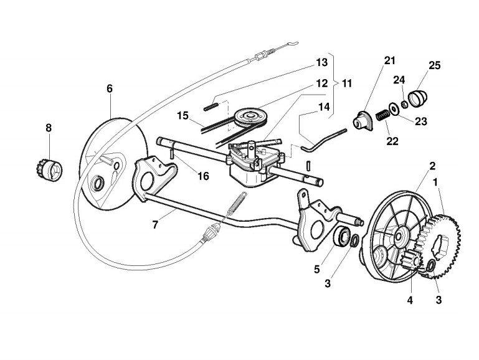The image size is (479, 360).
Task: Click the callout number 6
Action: [110, 88]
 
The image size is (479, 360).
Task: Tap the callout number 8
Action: [49, 128]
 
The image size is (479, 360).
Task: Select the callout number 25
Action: [434, 65]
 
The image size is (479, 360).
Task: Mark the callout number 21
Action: [389, 60]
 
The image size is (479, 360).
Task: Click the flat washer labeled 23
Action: [394, 108]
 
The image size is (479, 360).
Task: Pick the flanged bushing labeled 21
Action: [361, 120]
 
